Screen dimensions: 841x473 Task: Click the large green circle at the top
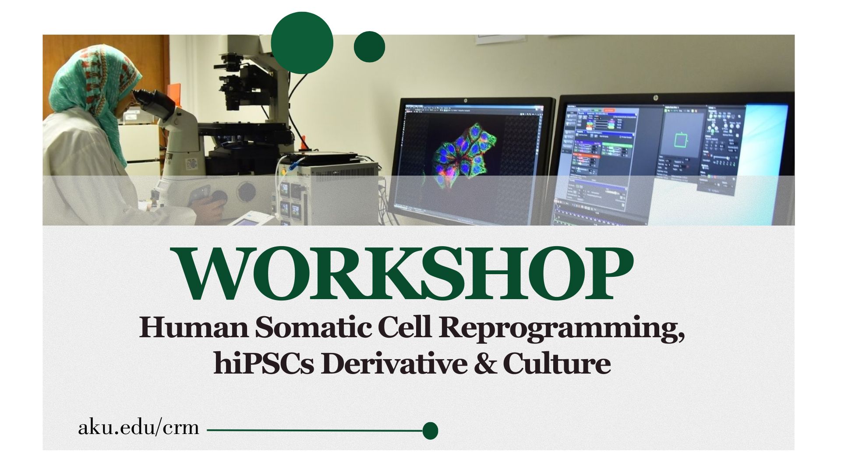[302, 43]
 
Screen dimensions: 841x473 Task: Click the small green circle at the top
[369, 46]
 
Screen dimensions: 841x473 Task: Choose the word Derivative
[394, 363]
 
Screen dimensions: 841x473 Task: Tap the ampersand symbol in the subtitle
[485, 363]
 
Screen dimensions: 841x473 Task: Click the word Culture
[557, 363]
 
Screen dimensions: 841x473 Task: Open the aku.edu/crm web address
[138, 427]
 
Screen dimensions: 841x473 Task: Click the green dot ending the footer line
[430, 431]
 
